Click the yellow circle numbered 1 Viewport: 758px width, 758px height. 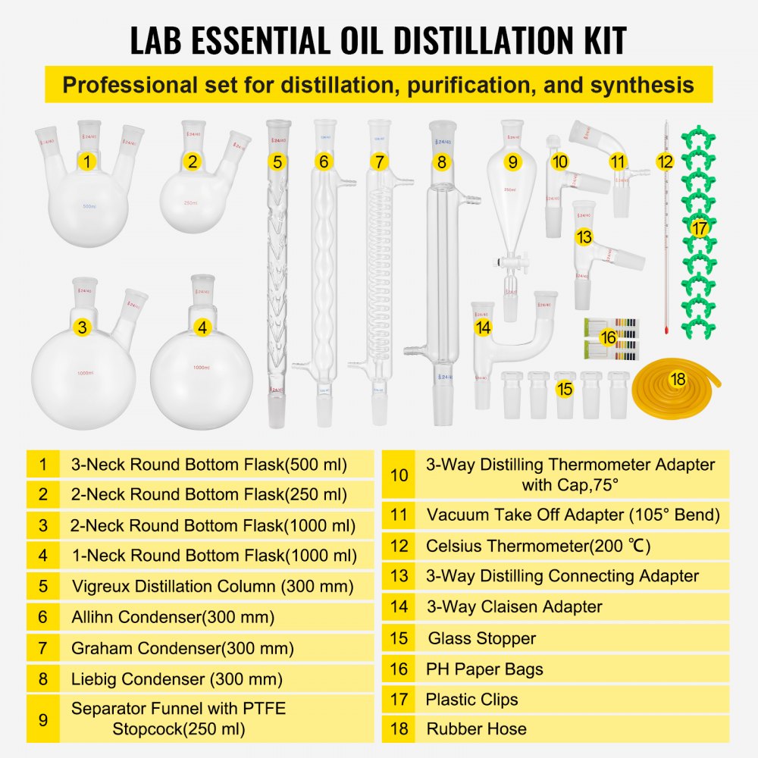click(88, 161)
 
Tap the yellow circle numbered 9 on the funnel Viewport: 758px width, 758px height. click(513, 161)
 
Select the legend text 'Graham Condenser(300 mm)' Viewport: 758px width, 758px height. click(183, 648)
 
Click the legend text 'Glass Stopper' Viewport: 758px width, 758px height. click(481, 638)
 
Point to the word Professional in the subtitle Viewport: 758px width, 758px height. click(126, 84)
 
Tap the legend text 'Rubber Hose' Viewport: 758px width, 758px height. click(476, 728)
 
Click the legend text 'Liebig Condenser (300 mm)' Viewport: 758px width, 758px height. click(177, 678)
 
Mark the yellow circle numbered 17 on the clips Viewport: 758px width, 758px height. click(699, 227)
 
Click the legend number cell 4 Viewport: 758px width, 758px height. click(43, 555)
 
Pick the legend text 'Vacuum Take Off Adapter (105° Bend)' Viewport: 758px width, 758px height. click(572, 515)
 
